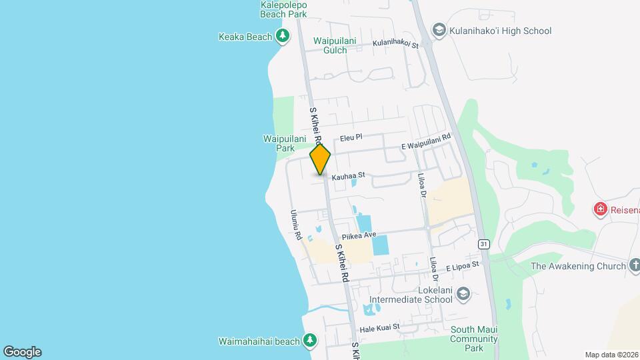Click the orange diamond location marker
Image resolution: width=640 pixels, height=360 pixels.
coord(320,159)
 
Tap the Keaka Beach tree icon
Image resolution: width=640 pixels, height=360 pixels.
coord(283,36)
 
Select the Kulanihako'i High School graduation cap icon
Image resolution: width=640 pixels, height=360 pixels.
coord(439,30)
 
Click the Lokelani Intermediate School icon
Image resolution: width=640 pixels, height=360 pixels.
coord(463,294)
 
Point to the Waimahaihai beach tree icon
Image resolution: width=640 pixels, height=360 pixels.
coord(309,341)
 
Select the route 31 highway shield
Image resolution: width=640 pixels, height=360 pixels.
coord(483,244)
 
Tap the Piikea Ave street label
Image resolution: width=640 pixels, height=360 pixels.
coord(359,236)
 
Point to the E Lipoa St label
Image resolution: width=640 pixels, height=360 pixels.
coord(463,265)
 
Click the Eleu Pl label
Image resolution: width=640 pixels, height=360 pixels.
coord(351,137)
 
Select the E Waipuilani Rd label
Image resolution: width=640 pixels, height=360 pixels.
coord(426,141)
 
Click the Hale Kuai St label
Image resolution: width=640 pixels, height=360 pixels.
coord(379,327)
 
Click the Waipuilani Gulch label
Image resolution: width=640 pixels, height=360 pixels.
coord(340,45)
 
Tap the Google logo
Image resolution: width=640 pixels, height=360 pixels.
coord(22,351)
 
